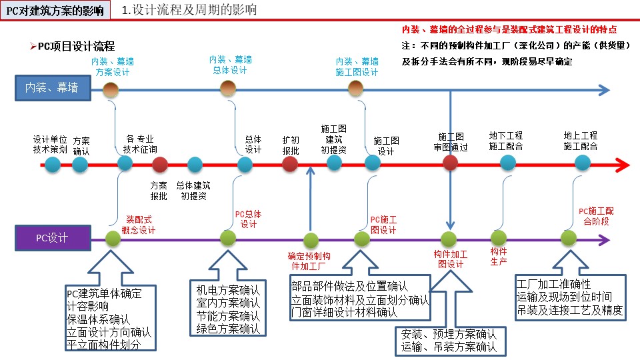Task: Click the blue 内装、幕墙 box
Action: [x=52, y=88]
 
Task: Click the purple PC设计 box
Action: [x=52, y=237]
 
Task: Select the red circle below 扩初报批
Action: [x=290, y=164]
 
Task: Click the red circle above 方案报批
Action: [x=159, y=164]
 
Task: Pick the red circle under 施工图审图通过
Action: [x=451, y=163]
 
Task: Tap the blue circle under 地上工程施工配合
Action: [x=583, y=163]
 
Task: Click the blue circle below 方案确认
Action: [x=80, y=164]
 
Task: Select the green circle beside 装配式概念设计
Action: [x=112, y=237]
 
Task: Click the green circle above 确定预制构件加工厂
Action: [x=310, y=239]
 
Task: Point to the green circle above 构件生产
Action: [x=498, y=237]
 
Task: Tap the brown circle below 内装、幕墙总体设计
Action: [x=228, y=88]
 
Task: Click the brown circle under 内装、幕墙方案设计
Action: [x=111, y=89]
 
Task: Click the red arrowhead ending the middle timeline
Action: [x=623, y=164]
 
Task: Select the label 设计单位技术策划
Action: [x=51, y=145]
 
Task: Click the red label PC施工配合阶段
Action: [x=596, y=217]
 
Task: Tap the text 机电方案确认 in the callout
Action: [x=227, y=291]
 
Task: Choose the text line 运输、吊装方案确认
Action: [x=449, y=347]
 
